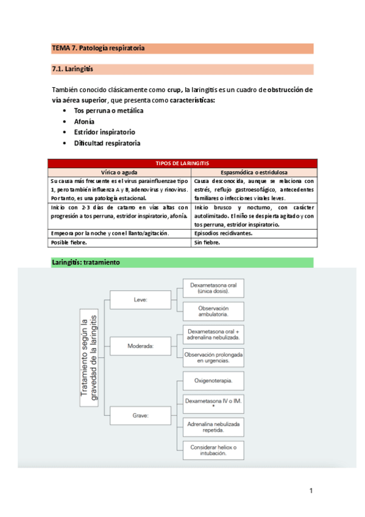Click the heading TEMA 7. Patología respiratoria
tap(98, 48)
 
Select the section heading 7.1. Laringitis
tap(73, 69)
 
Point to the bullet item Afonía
tap(84, 121)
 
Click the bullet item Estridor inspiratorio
tap(104, 132)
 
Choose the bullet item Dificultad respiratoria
tap(107, 143)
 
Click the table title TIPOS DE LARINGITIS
tap(182, 163)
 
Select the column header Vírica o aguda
tap(119, 172)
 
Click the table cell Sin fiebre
tap(207, 242)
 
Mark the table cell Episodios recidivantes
tap(222, 233)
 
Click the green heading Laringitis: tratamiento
tap(86, 262)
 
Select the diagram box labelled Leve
tap(141, 300)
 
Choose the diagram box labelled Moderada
tap(141, 346)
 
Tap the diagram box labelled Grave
tap(141, 416)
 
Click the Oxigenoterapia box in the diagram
tap(213, 382)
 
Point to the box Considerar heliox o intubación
tap(213, 451)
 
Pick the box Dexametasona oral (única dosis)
tap(213, 288)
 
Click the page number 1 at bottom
tap(310, 491)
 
